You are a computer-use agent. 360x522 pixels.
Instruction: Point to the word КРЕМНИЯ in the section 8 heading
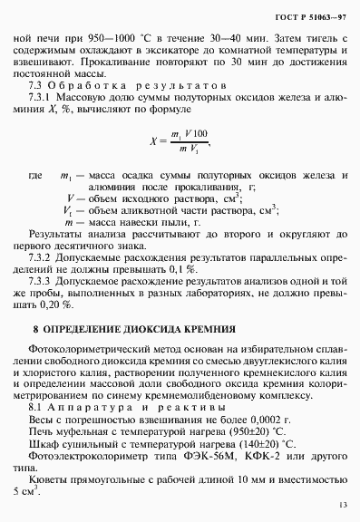(x=208, y=354)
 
